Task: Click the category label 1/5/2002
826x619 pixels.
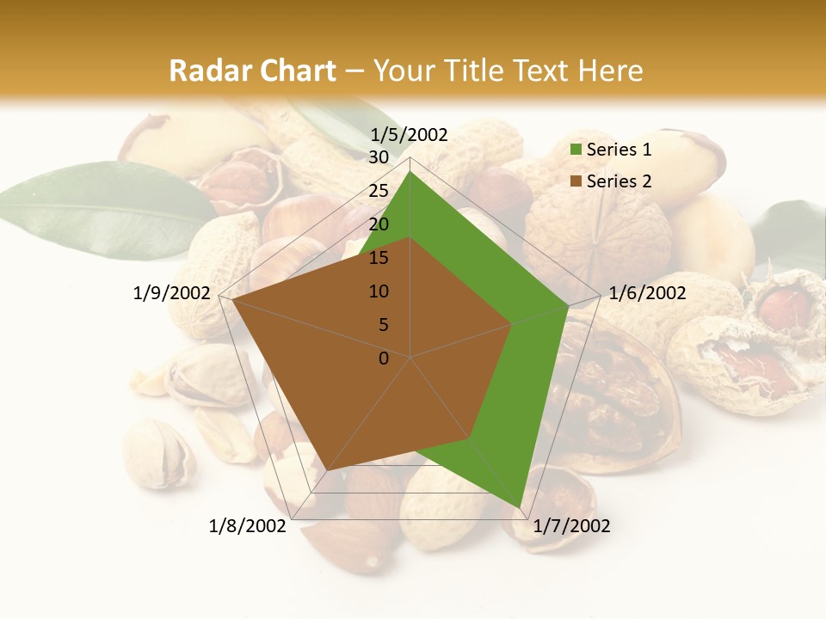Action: click(410, 134)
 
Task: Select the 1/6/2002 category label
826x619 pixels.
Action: click(647, 293)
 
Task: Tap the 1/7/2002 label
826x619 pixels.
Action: click(571, 526)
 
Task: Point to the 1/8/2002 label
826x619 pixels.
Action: click(248, 526)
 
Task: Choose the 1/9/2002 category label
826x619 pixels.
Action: click(172, 293)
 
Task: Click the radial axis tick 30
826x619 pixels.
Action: click(379, 157)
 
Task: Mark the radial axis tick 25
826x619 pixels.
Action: click(379, 191)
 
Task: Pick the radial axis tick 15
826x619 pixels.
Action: click(379, 258)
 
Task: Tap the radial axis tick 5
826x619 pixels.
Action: click(383, 325)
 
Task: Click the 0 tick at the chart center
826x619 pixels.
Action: click(384, 359)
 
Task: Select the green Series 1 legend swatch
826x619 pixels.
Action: click(576, 150)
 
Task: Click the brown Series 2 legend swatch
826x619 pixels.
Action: click(576, 181)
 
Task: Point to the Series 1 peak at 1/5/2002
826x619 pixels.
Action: click(410, 172)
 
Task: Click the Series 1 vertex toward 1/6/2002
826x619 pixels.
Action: click(568, 305)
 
